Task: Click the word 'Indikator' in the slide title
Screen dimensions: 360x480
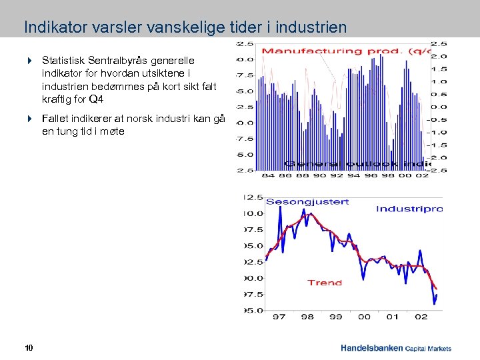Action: point(49,27)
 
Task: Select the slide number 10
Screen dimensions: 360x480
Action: point(29,348)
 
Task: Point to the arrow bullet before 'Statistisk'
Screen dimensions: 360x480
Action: point(30,60)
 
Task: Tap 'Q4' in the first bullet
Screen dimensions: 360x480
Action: point(96,99)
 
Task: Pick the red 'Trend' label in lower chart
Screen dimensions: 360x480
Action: point(325,283)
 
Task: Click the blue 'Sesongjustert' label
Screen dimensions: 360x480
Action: point(307,201)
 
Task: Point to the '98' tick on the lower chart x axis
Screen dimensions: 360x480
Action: point(307,317)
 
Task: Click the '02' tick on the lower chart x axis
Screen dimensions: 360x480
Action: point(421,317)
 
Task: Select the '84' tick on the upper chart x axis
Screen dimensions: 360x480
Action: point(267,176)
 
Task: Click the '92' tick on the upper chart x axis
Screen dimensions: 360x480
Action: point(337,176)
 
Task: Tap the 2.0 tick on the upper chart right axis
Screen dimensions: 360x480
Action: point(441,56)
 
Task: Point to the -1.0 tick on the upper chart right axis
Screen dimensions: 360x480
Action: point(441,132)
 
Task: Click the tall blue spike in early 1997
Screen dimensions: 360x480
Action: point(280,208)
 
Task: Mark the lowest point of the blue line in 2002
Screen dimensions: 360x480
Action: point(434,303)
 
